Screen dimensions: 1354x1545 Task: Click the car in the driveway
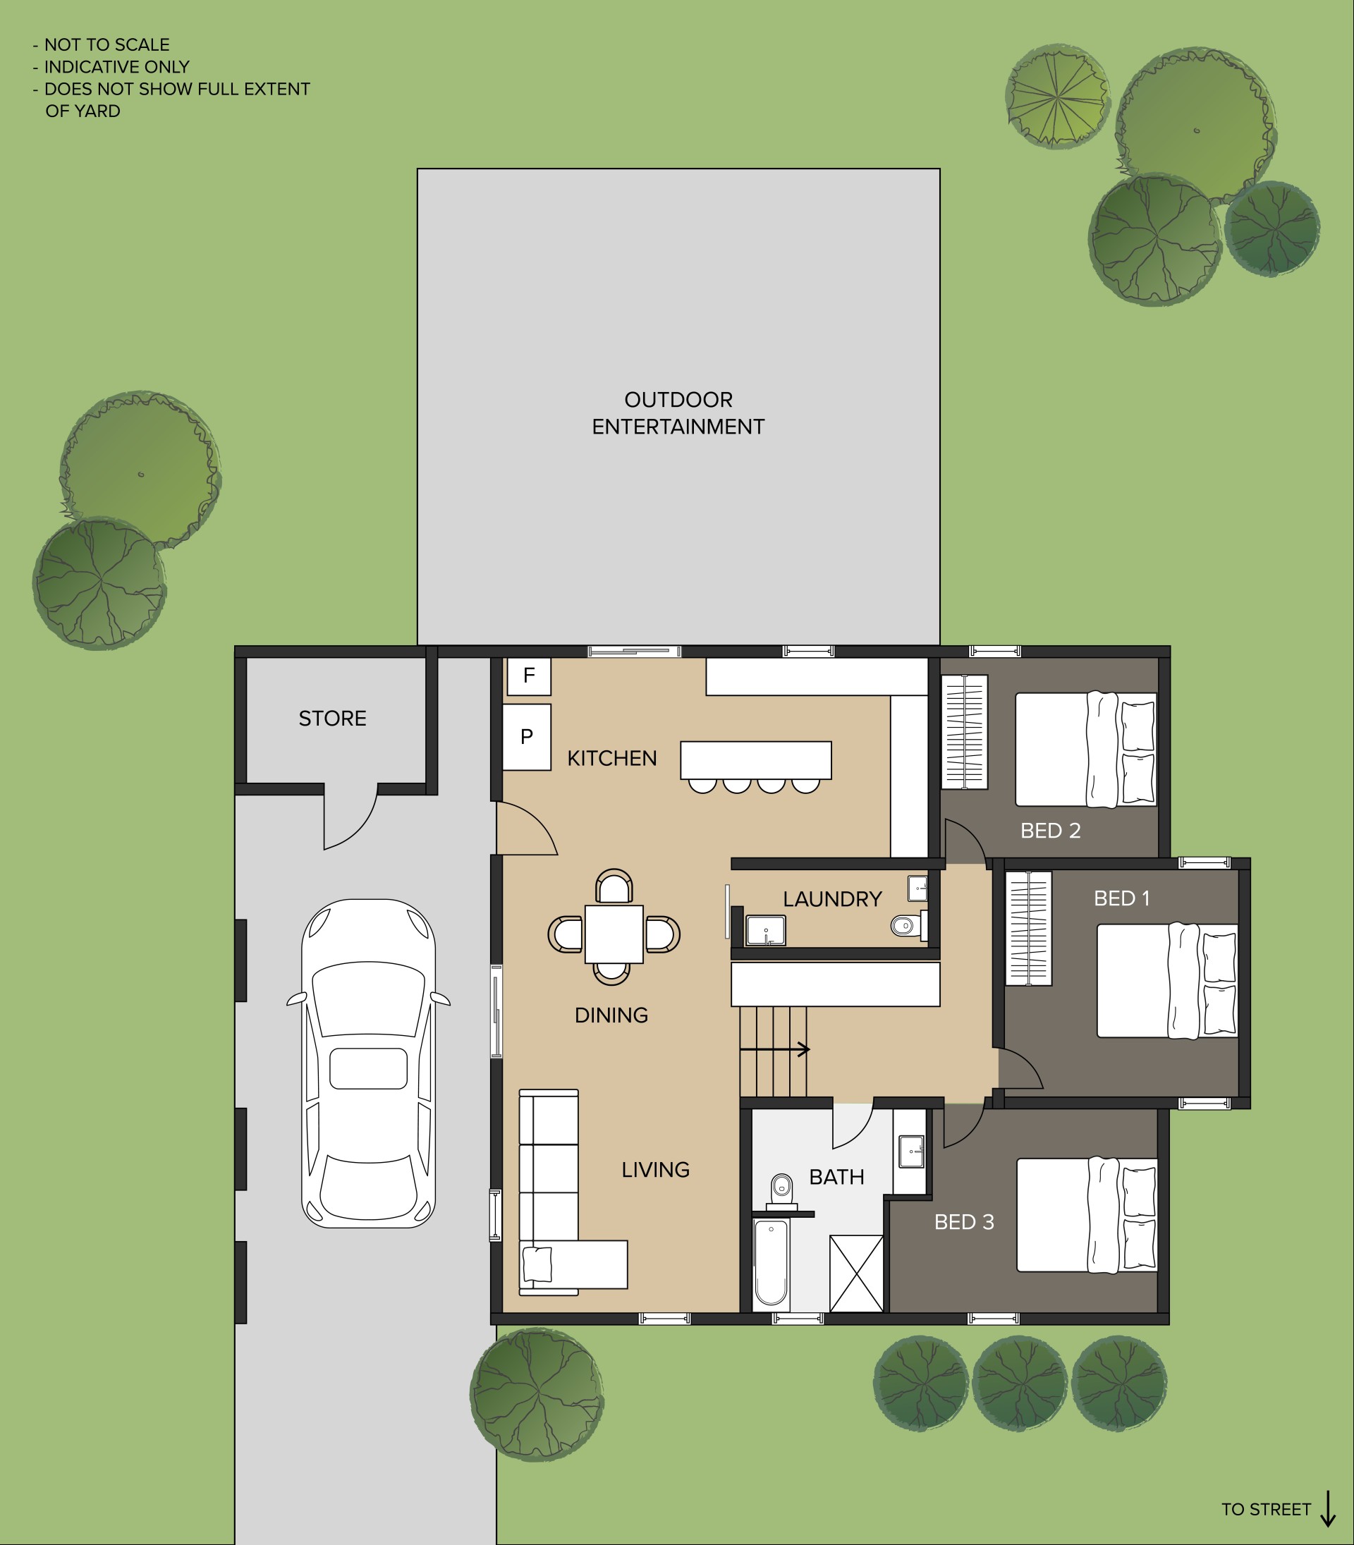coord(368,1063)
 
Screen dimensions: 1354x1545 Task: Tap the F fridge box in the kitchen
coord(529,676)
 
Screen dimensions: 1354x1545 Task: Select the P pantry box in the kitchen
coord(527,738)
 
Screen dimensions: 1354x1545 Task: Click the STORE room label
coord(332,719)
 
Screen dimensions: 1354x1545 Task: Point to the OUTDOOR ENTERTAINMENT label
coord(678,413)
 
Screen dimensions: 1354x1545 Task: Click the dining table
coord(614,934)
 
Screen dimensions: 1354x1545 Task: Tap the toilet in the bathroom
coord(781,1192)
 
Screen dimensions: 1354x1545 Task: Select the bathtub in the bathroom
coord(771,1264)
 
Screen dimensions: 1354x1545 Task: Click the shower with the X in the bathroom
coord(856,1274)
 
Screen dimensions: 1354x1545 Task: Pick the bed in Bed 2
coord(1086,750)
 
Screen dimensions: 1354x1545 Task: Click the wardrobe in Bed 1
coord(1028,929)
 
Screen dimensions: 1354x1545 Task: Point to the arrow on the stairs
coord(774,1049)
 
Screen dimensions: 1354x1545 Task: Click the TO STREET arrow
coord(1327,1509)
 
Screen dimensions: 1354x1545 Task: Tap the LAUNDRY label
coord(833,899)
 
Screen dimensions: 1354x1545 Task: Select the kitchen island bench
coord(755,760)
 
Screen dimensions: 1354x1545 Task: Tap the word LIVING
coord(655,1171)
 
